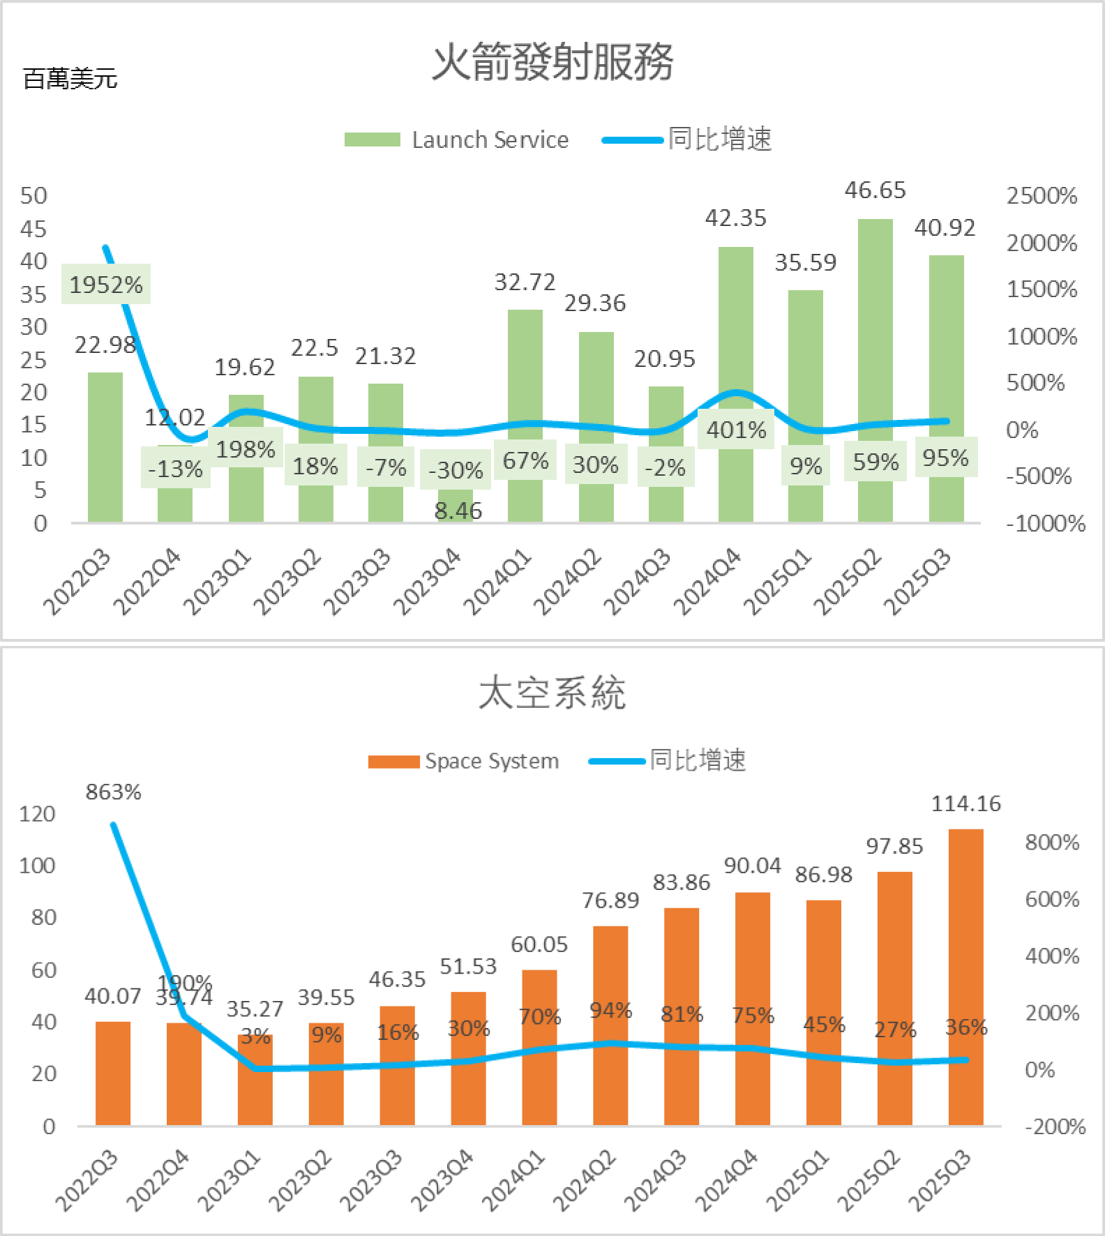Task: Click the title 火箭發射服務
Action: click(552, 62)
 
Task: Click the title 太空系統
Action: click(552, 693)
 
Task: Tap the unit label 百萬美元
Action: click(70, 79)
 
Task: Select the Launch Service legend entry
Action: click(456, 140)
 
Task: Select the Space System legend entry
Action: click(464, 760)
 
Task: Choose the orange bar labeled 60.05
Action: click(539, 1060)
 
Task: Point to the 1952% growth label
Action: click(106, 285)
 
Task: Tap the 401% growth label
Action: click(736, 430)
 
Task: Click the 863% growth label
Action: click(114, 792)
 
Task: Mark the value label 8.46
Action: click(458, 511)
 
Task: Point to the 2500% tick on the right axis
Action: click(1042, 196)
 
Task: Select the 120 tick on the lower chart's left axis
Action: click(37, 814)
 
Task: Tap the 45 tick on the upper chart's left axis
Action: click(33, 229)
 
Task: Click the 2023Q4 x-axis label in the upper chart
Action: click(427, 582)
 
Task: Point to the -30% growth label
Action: click(456, 470)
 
